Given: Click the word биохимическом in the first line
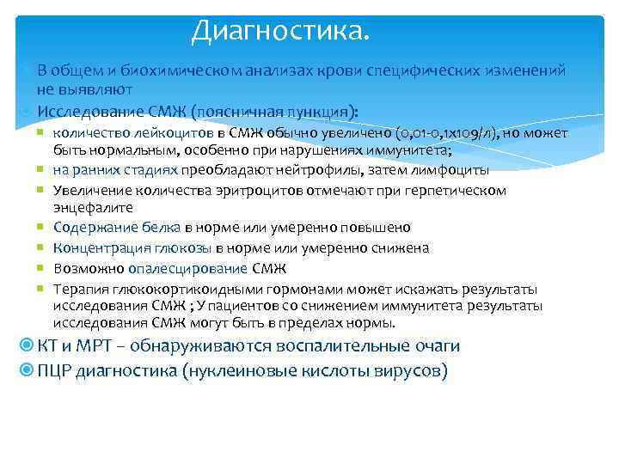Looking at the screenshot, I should [169, 70].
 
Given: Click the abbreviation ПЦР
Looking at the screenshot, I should [55, 371].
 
